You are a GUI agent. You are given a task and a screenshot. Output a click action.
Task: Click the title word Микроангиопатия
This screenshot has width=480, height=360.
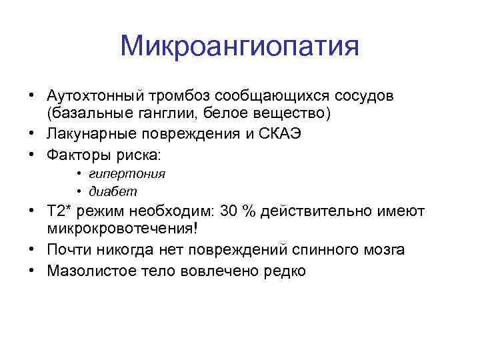coord(240,47)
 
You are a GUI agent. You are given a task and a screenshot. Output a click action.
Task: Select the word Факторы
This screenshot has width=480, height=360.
coord(75,155)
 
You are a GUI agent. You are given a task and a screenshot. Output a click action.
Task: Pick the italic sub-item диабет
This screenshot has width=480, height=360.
coord(114,191)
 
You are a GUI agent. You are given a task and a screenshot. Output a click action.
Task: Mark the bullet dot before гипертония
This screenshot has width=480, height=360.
coord(79,174)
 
